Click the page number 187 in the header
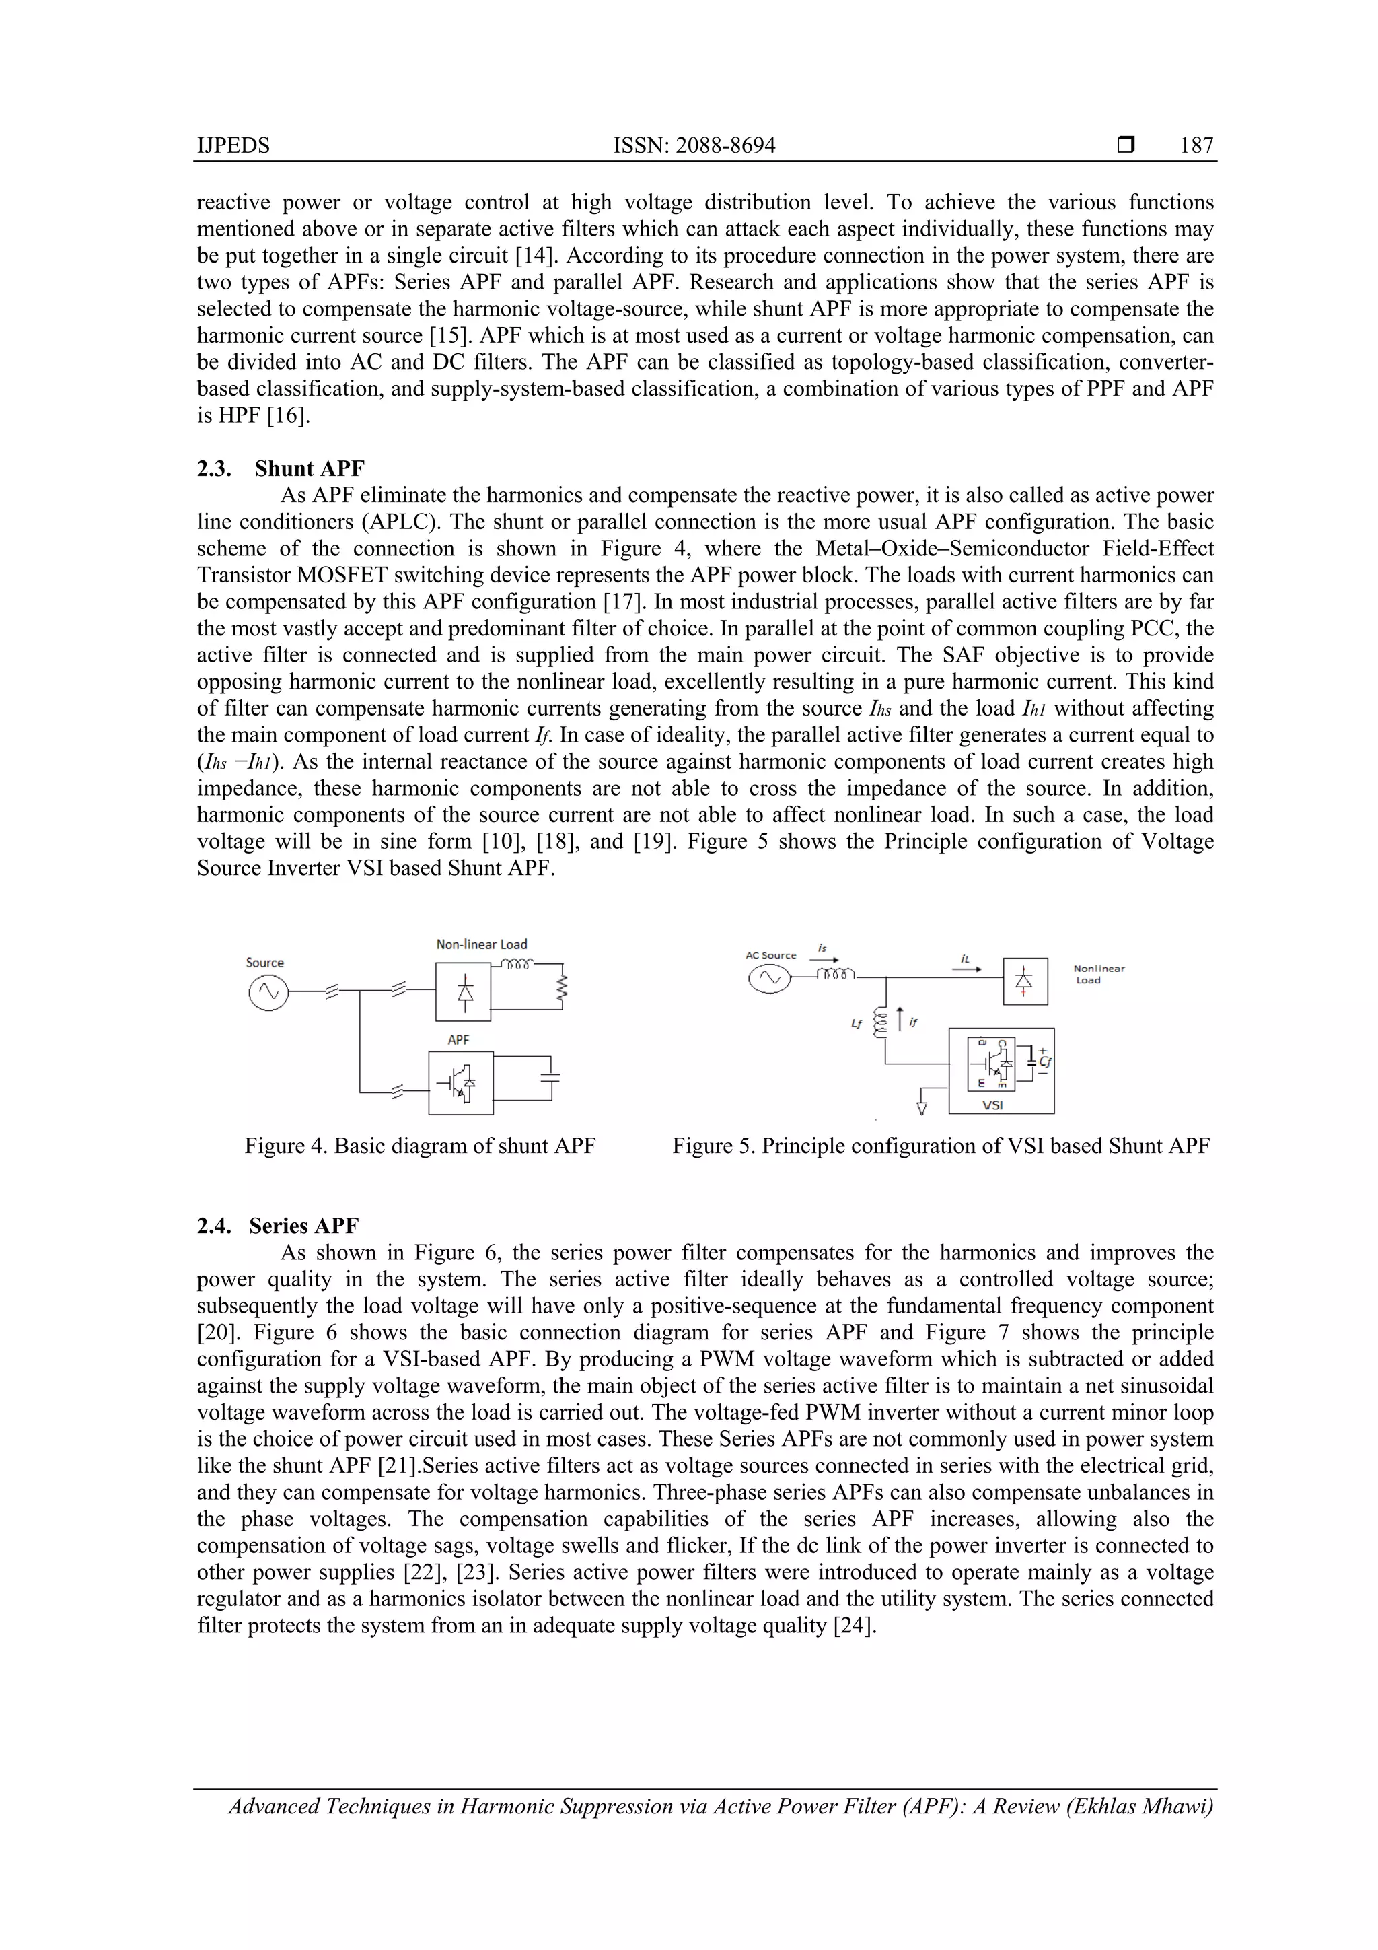(x=1196, y=145)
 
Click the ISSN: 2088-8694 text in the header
(x=694, y=145)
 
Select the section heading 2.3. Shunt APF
(x=281, y=468)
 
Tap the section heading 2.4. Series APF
(x=278, y=1226)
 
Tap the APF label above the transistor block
(x=458, y=1039)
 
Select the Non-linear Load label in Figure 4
(x=481, y=944)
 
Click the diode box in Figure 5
(x=1025, y=981)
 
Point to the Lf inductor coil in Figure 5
(x=879, y=1022)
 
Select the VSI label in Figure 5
(x=992, y=1105)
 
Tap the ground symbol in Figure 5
(x=922, y=1107)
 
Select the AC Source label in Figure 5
(x=770, y=955)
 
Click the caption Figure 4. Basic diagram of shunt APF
(x=421, y=1146)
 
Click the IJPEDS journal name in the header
(x=233, y=145)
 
